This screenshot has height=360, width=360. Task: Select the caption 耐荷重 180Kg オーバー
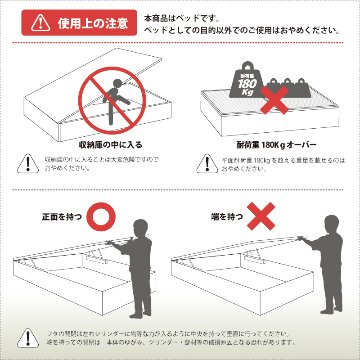[266, 143]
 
